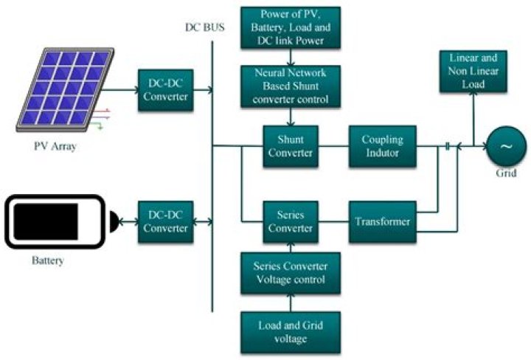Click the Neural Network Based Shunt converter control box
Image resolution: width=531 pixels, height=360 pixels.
(291, 86)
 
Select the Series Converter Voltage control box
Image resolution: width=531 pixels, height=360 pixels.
(291, 273)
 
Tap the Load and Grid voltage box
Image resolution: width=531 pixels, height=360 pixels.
(291, 331)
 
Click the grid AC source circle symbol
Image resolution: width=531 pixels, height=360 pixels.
(506, 146)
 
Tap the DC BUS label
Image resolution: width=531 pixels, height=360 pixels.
(206, 27)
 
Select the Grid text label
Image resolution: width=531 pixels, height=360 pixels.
(507, 174)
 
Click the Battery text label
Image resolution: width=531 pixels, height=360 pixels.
(48, 260)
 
